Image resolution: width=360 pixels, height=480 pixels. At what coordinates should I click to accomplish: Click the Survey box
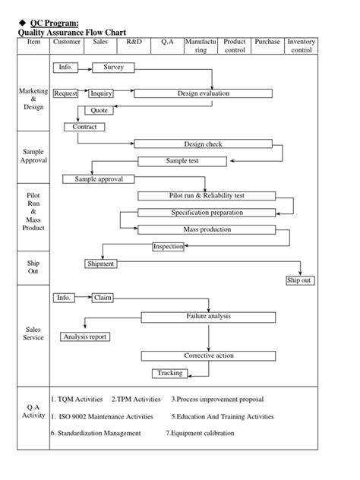tap(113, 68)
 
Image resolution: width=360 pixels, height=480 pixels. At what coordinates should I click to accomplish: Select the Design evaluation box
tap(203, 93)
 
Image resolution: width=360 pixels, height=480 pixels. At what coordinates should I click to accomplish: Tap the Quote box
tap(99, 110)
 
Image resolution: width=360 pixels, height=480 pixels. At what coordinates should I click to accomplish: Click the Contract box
tap(84, 127)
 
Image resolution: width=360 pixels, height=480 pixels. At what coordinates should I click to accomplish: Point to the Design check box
tap(203, 144)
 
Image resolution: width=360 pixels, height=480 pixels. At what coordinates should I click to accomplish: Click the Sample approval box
tap(104, 179)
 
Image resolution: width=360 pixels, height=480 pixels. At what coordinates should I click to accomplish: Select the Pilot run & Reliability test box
tap(207, 196)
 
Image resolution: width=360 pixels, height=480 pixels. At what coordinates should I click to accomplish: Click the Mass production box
tap(207, 229)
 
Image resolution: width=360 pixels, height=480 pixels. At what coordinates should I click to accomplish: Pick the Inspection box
tap(169, 246)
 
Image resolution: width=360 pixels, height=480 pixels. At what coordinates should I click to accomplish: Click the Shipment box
tap(100, 264)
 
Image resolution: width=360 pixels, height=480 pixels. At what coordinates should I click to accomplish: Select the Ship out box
tap(299, 280)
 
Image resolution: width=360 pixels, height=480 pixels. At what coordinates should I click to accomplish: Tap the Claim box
tap(103, 298)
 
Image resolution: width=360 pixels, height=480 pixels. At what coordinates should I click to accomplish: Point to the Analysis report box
tap(84, 336)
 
